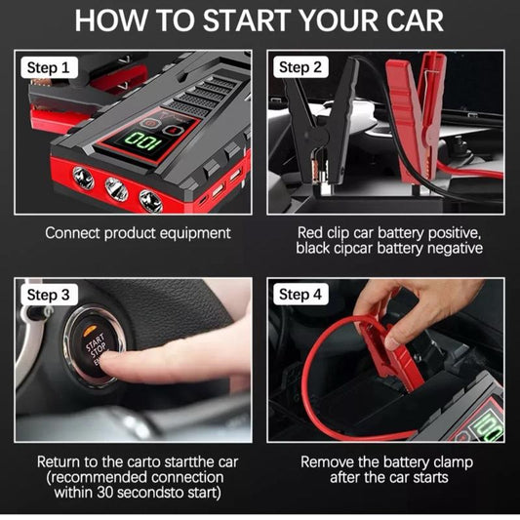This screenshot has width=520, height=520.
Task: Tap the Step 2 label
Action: [301, 67]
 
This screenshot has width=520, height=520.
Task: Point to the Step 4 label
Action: [301, 295]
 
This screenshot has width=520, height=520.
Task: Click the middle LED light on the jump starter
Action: [116, 189]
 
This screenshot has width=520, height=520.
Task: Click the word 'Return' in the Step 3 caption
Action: [60, 461]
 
